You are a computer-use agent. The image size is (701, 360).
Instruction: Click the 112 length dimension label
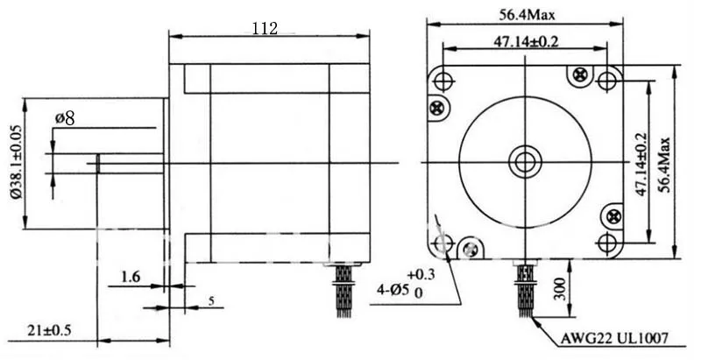click(265, 29)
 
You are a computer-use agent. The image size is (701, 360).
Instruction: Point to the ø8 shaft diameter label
click(65, 118)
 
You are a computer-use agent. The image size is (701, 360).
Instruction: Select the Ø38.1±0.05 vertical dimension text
click(16, 163)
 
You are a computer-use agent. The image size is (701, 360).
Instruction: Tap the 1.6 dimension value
click(131, 277)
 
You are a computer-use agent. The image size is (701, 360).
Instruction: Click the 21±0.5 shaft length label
click(49, 330)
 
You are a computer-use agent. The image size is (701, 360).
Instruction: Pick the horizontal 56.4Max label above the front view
click(527, 15)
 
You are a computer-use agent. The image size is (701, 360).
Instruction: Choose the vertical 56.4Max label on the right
click(665, 165)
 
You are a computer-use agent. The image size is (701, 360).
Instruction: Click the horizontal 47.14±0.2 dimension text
click(526, 41)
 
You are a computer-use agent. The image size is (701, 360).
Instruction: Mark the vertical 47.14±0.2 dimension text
click(641, 164)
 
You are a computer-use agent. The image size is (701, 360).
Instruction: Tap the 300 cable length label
click(560, 289)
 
